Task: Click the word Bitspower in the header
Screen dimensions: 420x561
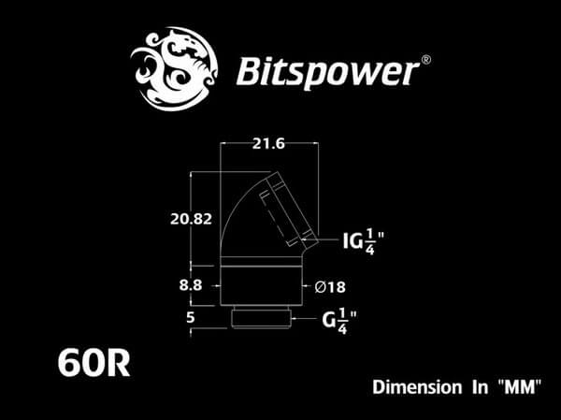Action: pyautogui.click(x=324, y=70)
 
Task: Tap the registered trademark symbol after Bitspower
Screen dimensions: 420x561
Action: pyautogui.click(x=425, y=60)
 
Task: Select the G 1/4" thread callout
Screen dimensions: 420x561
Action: pyautogui.click(x=341, y=322)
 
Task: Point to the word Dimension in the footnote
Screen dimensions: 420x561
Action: pyautogui.click(x=413, y=385)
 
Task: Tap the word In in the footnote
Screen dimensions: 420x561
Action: pyautogui.click(x=474, y=385)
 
